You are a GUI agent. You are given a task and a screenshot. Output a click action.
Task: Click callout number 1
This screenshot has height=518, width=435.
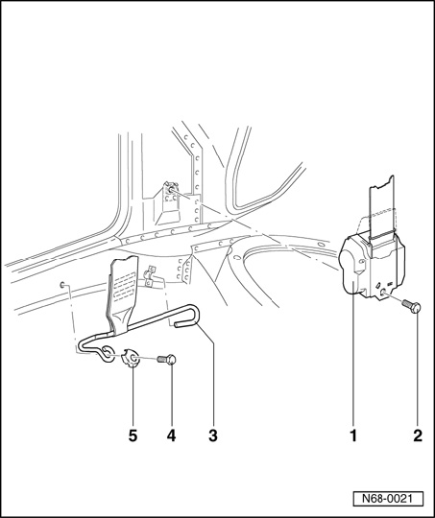pos(354,436)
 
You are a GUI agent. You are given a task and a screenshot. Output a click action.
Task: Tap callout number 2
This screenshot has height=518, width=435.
pos(418,436)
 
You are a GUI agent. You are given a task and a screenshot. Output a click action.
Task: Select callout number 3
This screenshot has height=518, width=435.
pos(213,436)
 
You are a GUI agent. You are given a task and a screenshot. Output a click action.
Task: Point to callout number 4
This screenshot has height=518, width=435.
pos(171,436)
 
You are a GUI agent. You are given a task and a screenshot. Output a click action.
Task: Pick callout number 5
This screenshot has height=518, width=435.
pos(133,436)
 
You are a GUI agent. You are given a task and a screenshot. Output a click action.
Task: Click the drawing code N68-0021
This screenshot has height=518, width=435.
pos(388,499)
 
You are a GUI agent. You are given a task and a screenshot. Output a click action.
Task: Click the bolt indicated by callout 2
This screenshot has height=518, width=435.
pos(411,306)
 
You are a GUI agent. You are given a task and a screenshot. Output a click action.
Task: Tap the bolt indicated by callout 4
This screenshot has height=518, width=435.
pos(166,359)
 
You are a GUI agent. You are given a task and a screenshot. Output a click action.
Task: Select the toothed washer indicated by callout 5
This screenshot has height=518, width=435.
pos(132,358)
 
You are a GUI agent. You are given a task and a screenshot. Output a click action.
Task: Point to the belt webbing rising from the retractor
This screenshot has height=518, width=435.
pos(381,208)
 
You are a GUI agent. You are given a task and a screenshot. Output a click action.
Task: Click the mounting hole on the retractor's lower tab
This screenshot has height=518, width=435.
pos(384,292)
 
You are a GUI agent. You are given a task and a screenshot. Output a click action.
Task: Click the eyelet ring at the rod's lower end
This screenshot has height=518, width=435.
pos(108,353)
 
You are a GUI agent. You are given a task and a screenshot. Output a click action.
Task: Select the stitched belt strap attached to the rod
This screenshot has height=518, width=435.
pos(121,294)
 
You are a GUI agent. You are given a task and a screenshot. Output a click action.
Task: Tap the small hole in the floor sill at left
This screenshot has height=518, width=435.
pos(61,285)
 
